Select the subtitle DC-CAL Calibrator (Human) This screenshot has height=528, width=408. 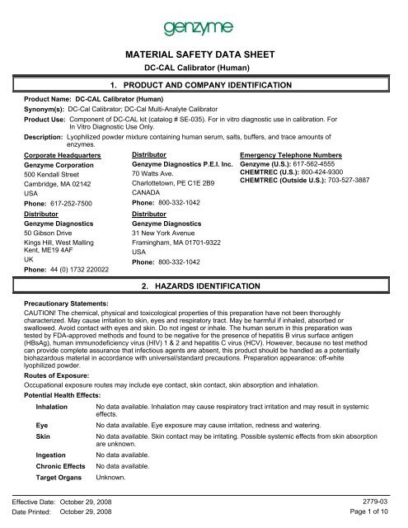(x=204, y=69)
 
